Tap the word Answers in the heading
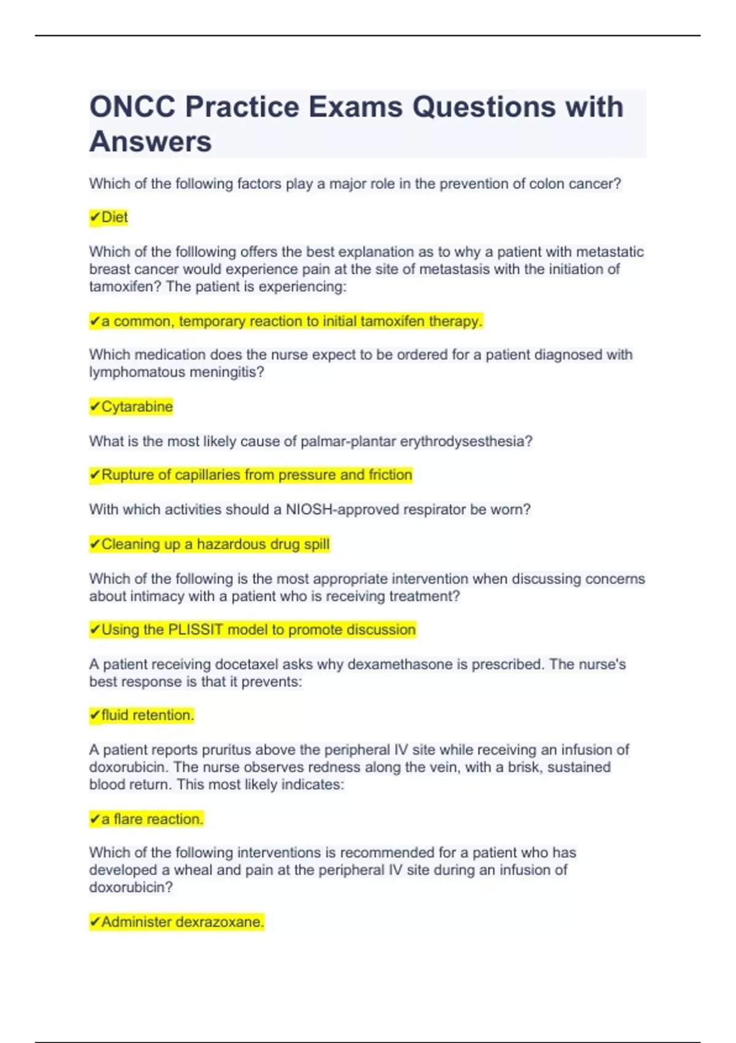(x=151, y=142)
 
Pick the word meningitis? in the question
(x=227, y=372)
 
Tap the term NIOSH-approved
(x=339, y=509)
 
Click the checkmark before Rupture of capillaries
(x=94, y=475)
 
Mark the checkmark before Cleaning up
(x=94, y=544)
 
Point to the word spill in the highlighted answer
(x=316, y=544)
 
